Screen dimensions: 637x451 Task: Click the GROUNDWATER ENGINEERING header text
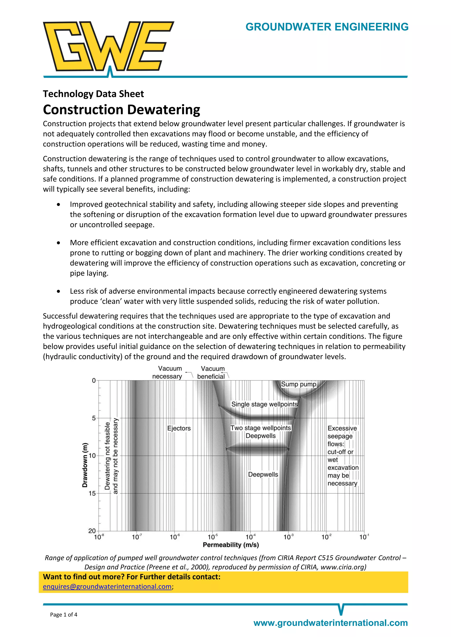pos(327,27)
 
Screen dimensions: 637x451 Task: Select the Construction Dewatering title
pos(121,110)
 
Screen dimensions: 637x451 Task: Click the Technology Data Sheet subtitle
pos(93,94)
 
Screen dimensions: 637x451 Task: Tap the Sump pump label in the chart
pos(299,384)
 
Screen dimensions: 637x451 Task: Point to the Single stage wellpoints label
pos(264,404)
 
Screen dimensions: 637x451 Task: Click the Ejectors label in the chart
pos(179,428)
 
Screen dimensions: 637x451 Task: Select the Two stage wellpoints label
pos(261,428)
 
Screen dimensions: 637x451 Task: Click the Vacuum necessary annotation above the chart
pos(167,372)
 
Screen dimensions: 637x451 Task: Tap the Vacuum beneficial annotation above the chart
pos(212,372)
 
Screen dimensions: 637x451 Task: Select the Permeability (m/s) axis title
pos(231,545)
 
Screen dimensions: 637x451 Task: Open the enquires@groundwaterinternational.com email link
pos(107,586)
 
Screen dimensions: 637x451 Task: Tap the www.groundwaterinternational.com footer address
pos(331,623)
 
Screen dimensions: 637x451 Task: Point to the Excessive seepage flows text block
pos(343,456)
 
